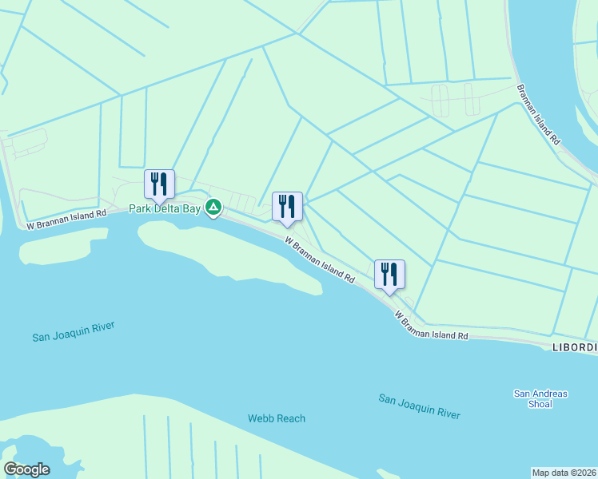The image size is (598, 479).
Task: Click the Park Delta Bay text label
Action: point(166,209)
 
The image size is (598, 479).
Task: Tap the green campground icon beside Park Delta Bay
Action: point(213,208)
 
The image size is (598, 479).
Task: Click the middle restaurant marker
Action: point(287,206)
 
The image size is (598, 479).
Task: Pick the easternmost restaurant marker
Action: point(389,274)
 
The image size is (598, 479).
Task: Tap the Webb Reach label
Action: point(276,418)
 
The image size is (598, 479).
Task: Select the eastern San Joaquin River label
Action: point(420,406)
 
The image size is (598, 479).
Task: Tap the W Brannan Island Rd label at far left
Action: point(66,220)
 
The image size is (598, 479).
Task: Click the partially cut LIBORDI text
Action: point(575,347)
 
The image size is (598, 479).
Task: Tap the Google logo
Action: point(27,469)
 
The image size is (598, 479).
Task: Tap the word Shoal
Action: point(540,404)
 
